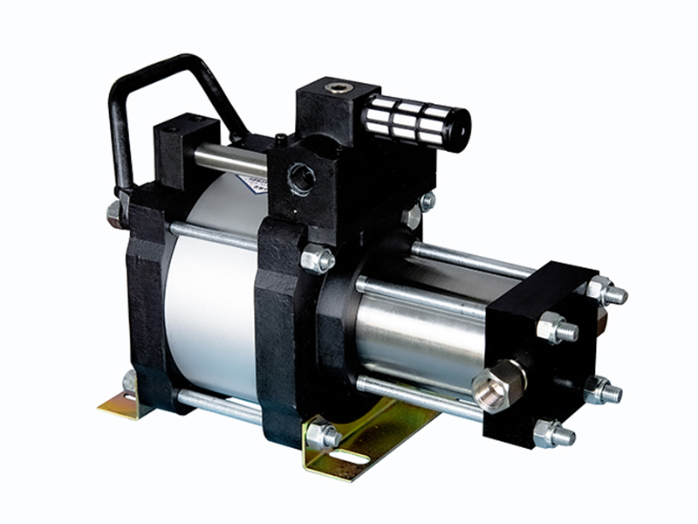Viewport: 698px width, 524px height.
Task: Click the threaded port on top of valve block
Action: pyautogui.click(x=336, y=87)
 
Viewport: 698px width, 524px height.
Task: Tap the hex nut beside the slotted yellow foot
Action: pyautogui.click(x=322, y=434)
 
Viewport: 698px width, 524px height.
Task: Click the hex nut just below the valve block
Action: pyautogui.click(x=317, y=259)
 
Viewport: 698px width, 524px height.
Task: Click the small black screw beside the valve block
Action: pyautogui.click(x=280, y=139)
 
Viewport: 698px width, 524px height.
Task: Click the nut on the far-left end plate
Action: pyautogui.click(x=114, y=213)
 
